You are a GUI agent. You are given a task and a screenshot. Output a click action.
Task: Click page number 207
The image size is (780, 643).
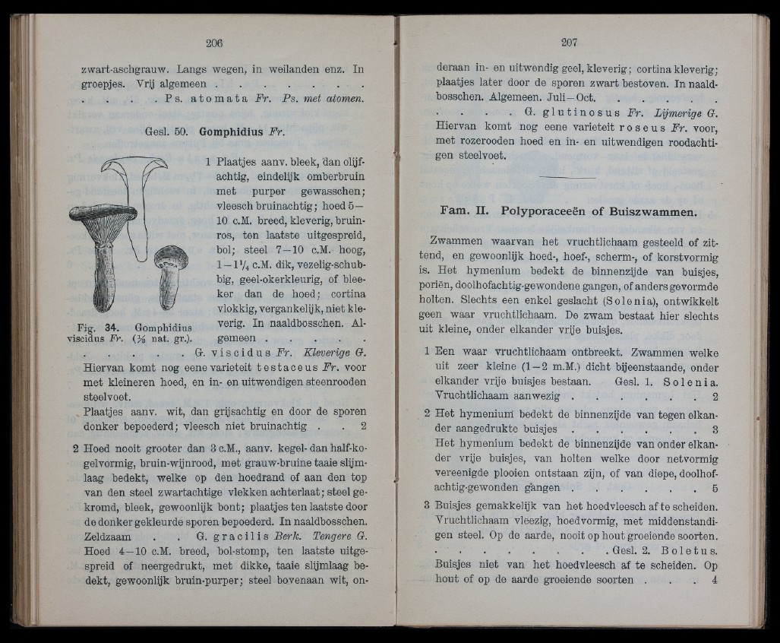click(x=569, y=43)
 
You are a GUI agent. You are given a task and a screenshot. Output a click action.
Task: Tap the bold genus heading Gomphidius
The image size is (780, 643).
click(x=231, y=131)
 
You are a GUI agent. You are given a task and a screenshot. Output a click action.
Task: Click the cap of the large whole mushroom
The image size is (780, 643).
click(x=103, y=214)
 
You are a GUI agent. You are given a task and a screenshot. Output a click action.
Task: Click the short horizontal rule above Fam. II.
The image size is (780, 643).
click(x=569, y=177)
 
